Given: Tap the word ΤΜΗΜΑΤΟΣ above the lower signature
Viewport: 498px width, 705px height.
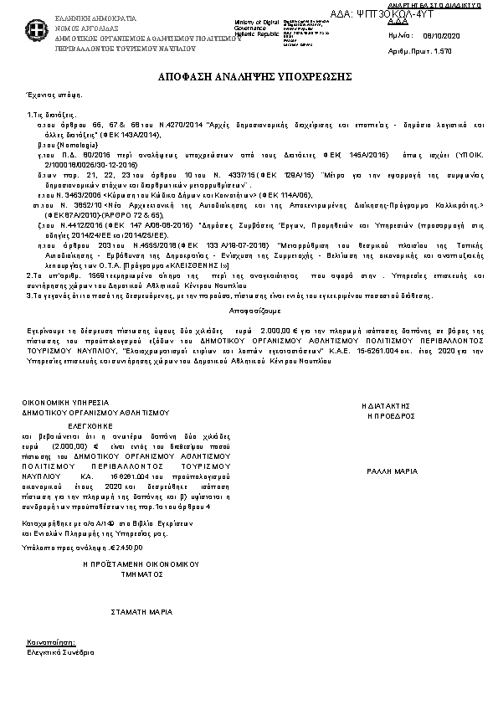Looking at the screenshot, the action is point(141,576).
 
